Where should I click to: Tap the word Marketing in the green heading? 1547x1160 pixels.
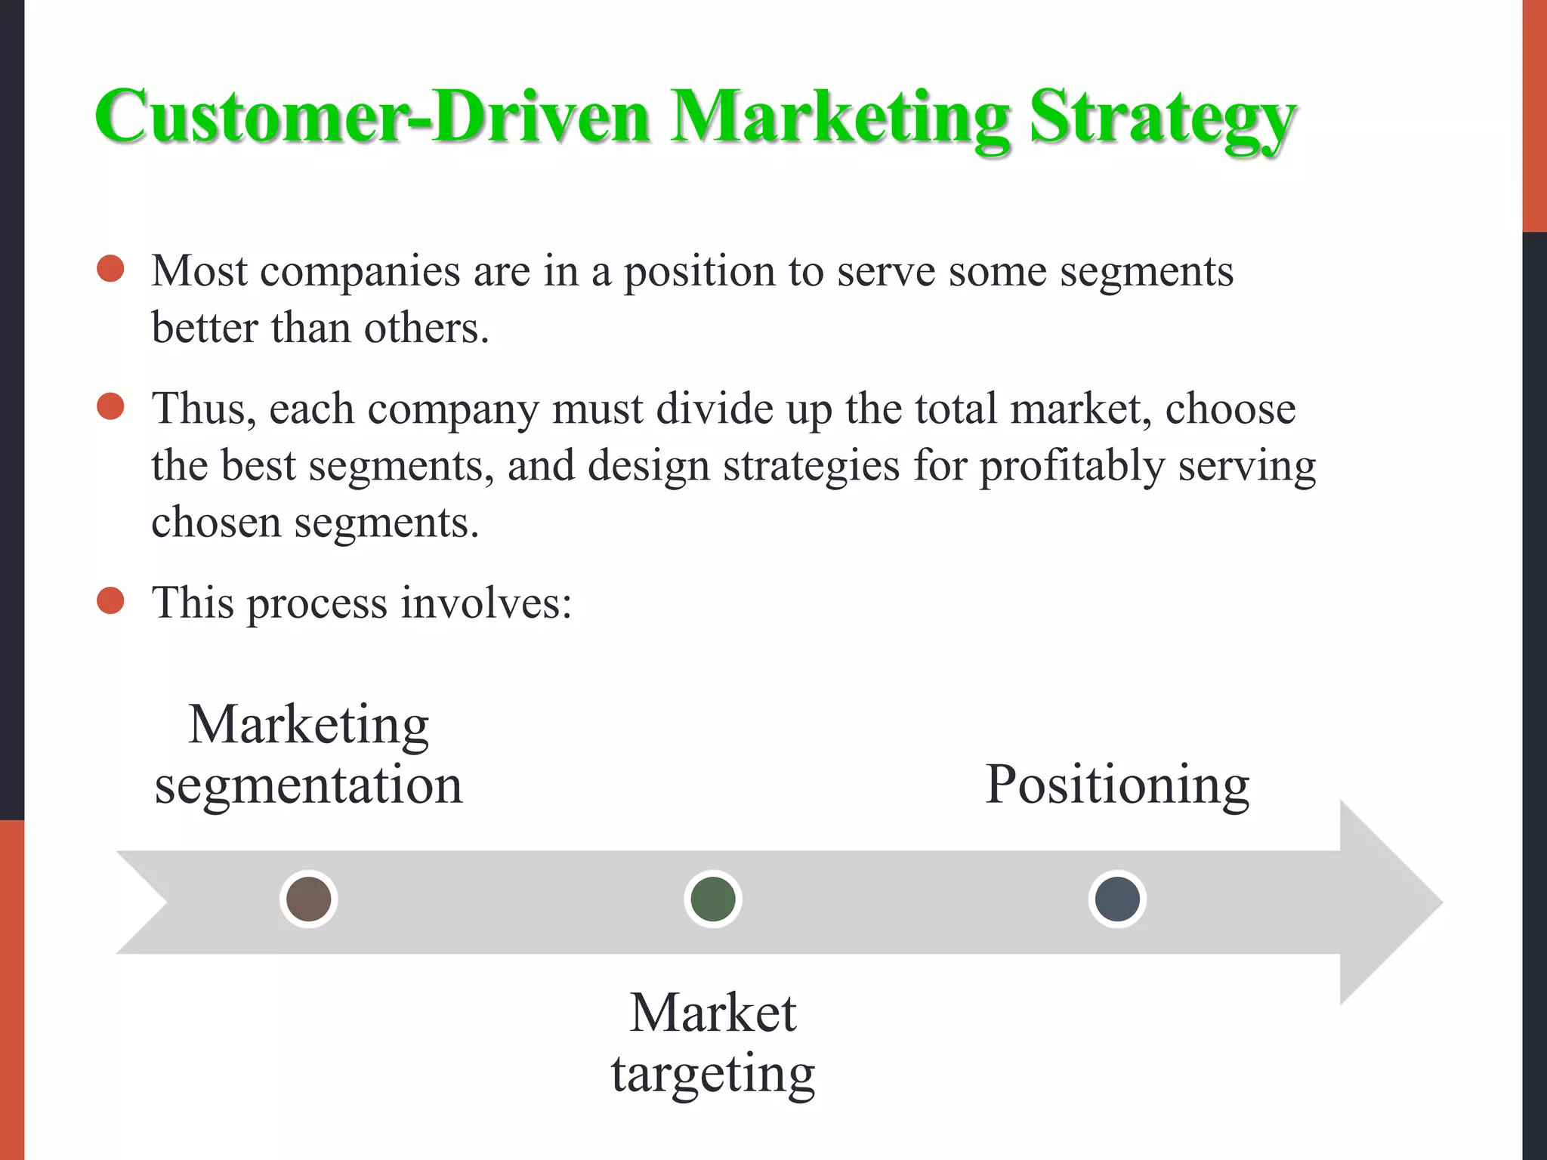tap(839, 119)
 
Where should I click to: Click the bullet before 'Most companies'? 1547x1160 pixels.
tap(111, 269)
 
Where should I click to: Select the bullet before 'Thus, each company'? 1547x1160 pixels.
tap(111, 406)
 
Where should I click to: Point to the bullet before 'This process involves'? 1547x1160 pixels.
tap(111, 601)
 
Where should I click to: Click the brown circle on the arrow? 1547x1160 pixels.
tap(309, 899)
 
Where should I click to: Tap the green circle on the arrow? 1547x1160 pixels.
tap(713, 899)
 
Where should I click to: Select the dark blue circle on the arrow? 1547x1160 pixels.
tap(1117, 899)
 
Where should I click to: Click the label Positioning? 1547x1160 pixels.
tap(1117, 785)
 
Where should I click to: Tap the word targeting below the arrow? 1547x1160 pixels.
tap(713, 1074)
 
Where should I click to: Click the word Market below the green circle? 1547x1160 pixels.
tap(713, 1013)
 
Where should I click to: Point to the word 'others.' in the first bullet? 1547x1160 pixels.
tap(426, 329)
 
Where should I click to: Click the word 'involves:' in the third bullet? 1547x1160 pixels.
tap(486, 603)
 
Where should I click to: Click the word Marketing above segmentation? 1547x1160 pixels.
tap(308, 725)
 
